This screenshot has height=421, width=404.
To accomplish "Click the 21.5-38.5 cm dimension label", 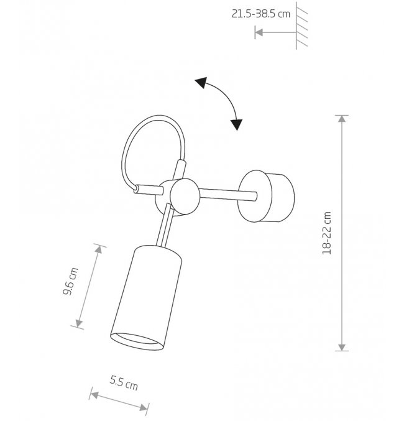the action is click(261, 14).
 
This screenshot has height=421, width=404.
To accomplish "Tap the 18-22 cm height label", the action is click(327, 233).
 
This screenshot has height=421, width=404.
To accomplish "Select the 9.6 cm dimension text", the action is click(71, 281).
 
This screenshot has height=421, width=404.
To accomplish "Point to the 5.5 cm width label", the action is click(124, 382).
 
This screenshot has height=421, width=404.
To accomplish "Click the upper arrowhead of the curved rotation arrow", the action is click(201, 82).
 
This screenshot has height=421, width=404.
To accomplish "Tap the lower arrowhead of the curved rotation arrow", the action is click(237, 124).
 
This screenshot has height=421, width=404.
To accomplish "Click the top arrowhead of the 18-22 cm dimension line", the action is click(342, 119).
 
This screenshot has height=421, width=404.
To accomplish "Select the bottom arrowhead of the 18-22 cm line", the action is click(342, 347).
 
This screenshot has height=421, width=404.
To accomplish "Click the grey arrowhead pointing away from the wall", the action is click(259, 32).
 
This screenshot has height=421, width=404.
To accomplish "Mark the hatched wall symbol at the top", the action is click(301, 25).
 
